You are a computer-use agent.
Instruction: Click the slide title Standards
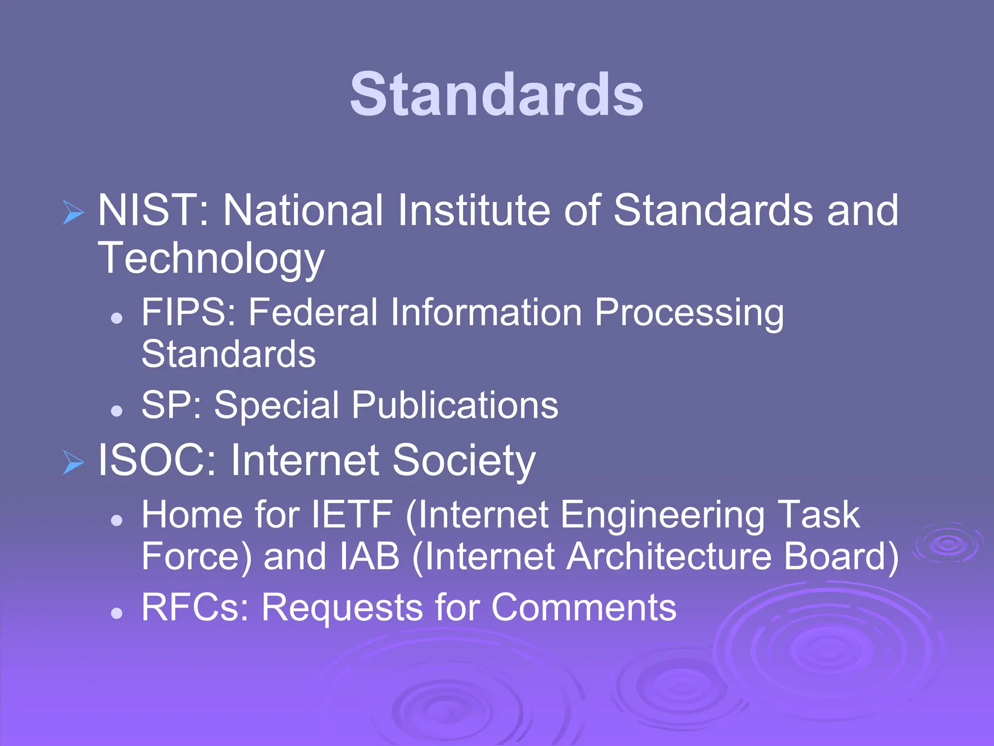click(x=496, y=94)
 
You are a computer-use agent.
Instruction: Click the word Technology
click(x=211, y=258)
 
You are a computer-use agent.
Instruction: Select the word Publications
click(x=455, y=405)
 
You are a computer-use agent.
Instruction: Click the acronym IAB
click(x=369, y=557)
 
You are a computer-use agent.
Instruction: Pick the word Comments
click(x=583, y=607)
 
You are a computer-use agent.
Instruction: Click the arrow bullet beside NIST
click(x=73, y=212)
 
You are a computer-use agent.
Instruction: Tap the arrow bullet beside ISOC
click(x=73, y=462)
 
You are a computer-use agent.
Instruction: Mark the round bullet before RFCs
click(x=116, y=613)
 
